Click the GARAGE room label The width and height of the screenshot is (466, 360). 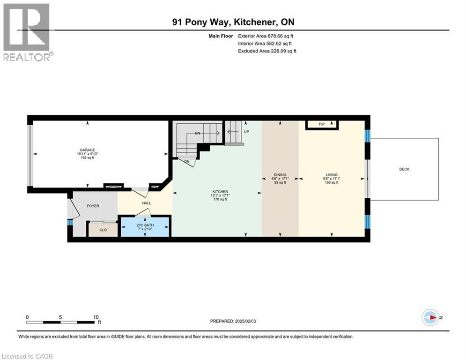[x=87, y=150]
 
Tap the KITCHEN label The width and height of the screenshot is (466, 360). [x=220, y=192]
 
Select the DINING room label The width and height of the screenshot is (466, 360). [x=280, y=175]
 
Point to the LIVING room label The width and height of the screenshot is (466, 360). [x=332, y=175]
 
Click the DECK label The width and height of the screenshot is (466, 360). [x=404, y=169]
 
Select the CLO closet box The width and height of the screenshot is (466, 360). [x=103, y=230]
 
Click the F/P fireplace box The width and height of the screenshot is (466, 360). [x=322, y=124]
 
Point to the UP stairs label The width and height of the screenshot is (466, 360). [x=246, y=132]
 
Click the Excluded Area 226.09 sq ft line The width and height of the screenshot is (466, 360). [x=267, y=51]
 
